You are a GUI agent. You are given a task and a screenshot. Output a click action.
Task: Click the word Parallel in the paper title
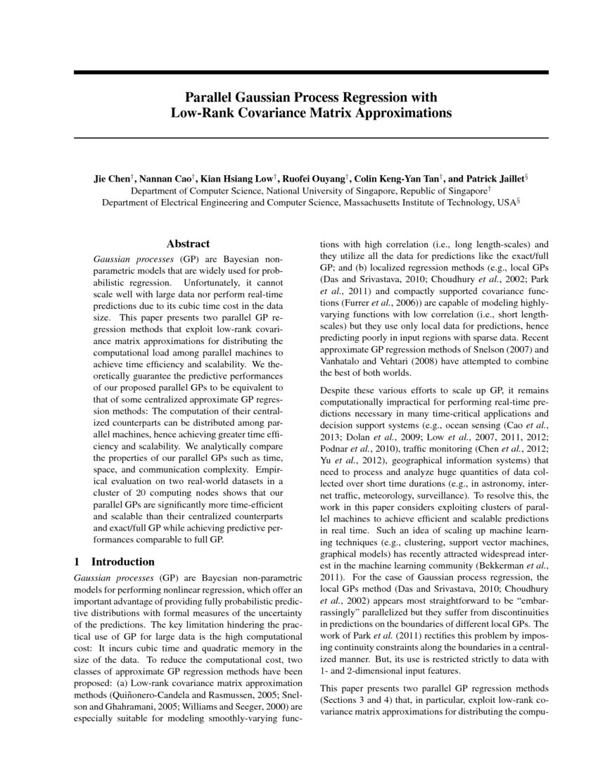(x=210, y=97)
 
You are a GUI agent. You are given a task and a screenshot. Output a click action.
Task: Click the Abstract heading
(x=188, y=244)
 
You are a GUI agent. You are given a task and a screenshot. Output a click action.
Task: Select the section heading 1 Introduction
(x=114, y=562)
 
